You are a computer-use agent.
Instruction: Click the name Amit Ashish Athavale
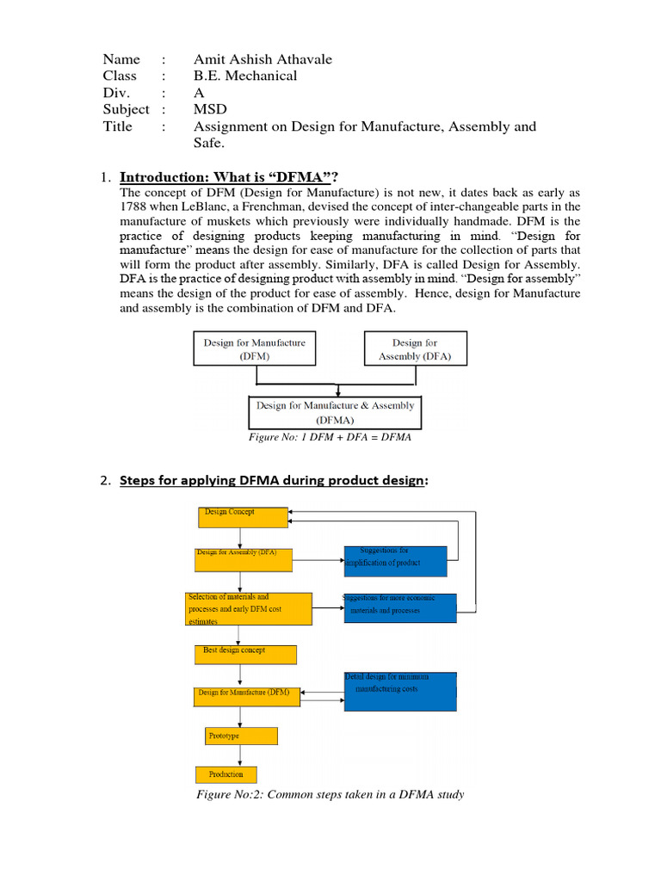[263, 59]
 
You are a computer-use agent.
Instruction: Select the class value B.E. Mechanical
[245, 76]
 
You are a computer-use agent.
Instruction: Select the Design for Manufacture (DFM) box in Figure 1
[254, 349]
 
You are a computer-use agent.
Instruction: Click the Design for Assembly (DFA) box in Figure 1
[414, 349]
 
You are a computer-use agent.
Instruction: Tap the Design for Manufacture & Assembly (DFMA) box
[335, 412]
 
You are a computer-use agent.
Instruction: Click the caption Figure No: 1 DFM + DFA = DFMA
[330, 437]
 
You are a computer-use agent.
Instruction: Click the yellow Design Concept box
[244, 516]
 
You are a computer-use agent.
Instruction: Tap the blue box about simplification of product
[395, 561]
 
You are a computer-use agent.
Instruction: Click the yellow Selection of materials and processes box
[249, 608]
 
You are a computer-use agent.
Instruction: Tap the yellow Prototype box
[241, 736]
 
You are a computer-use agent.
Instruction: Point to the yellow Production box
[226, 773]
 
